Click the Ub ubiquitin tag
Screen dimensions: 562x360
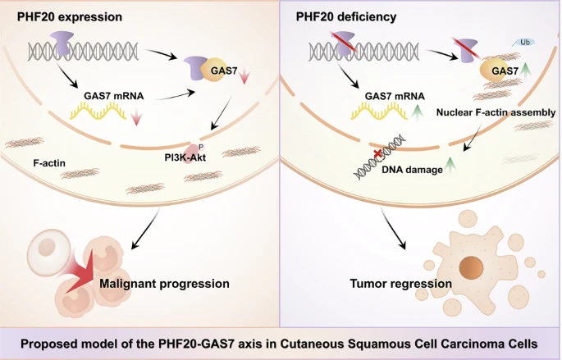[x=524, y=43]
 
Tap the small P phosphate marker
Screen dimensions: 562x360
[x=201, y=147]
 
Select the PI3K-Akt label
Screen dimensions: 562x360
[x=185, y=157]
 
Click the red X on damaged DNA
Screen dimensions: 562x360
[x=377, y=154]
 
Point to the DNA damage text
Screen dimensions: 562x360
[x=412, y=170]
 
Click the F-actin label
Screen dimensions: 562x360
[x=49, y=163]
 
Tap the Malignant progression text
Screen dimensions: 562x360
[x=165, y=284]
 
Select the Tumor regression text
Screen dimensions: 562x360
[x=400, y=284]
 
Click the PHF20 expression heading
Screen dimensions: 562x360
[x=70, y=17]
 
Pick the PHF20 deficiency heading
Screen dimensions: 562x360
[x=346, y=17]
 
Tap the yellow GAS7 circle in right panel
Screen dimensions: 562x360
[x=496, y=71]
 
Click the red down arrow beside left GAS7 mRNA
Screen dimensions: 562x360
[x=136, y=117]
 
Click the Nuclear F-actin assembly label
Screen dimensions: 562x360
[x=496, y=112]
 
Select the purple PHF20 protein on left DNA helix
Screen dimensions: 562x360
[x=62, y=43]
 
